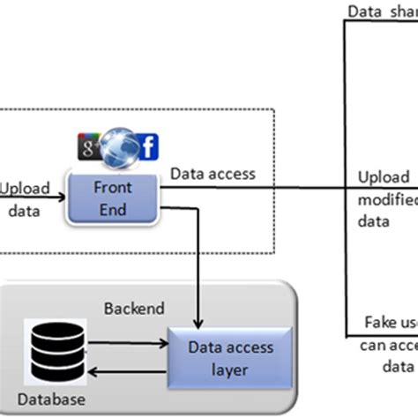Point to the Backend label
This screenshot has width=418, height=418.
[135, 309]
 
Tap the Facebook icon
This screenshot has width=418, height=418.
[148, 147]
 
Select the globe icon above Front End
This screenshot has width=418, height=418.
[121, 146]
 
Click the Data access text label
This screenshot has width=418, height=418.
[213, 174]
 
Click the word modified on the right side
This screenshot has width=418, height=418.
[386, 200]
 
